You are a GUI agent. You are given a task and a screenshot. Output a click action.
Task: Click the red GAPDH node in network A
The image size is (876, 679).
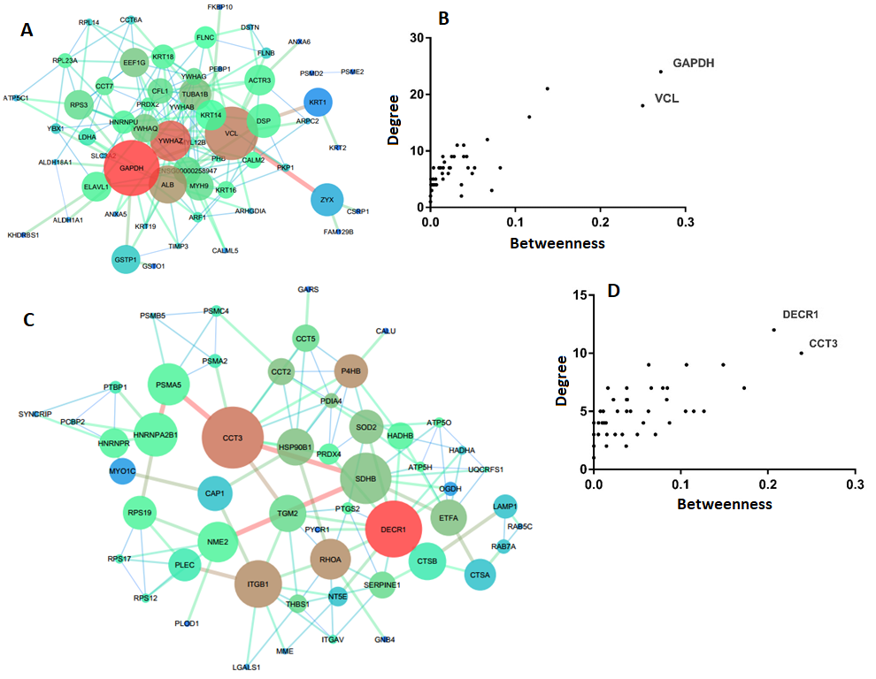coord(131,167)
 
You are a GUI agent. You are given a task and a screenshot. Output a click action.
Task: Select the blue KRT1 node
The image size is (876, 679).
coord(318,103)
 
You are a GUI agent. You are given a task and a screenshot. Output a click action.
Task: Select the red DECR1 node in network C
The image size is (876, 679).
coord(394,530)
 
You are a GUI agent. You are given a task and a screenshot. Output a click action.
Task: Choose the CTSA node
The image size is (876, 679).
coord(480,575)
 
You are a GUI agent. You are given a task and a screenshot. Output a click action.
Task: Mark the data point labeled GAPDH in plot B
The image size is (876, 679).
coord(660,72)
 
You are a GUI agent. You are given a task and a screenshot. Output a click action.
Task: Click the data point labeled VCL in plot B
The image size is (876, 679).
coord(642,105)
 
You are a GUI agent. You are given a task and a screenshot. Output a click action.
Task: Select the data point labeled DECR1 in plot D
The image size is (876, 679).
coord(773,330)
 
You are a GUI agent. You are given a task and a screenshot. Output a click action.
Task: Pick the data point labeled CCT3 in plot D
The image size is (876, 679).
coord(801,353)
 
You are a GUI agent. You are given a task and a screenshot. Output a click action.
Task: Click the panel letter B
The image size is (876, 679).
coord(444,17)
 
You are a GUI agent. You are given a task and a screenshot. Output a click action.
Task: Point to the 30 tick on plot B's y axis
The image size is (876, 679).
coord(421,37)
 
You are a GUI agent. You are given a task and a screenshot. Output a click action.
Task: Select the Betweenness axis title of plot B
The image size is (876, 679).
coord(557,243)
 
